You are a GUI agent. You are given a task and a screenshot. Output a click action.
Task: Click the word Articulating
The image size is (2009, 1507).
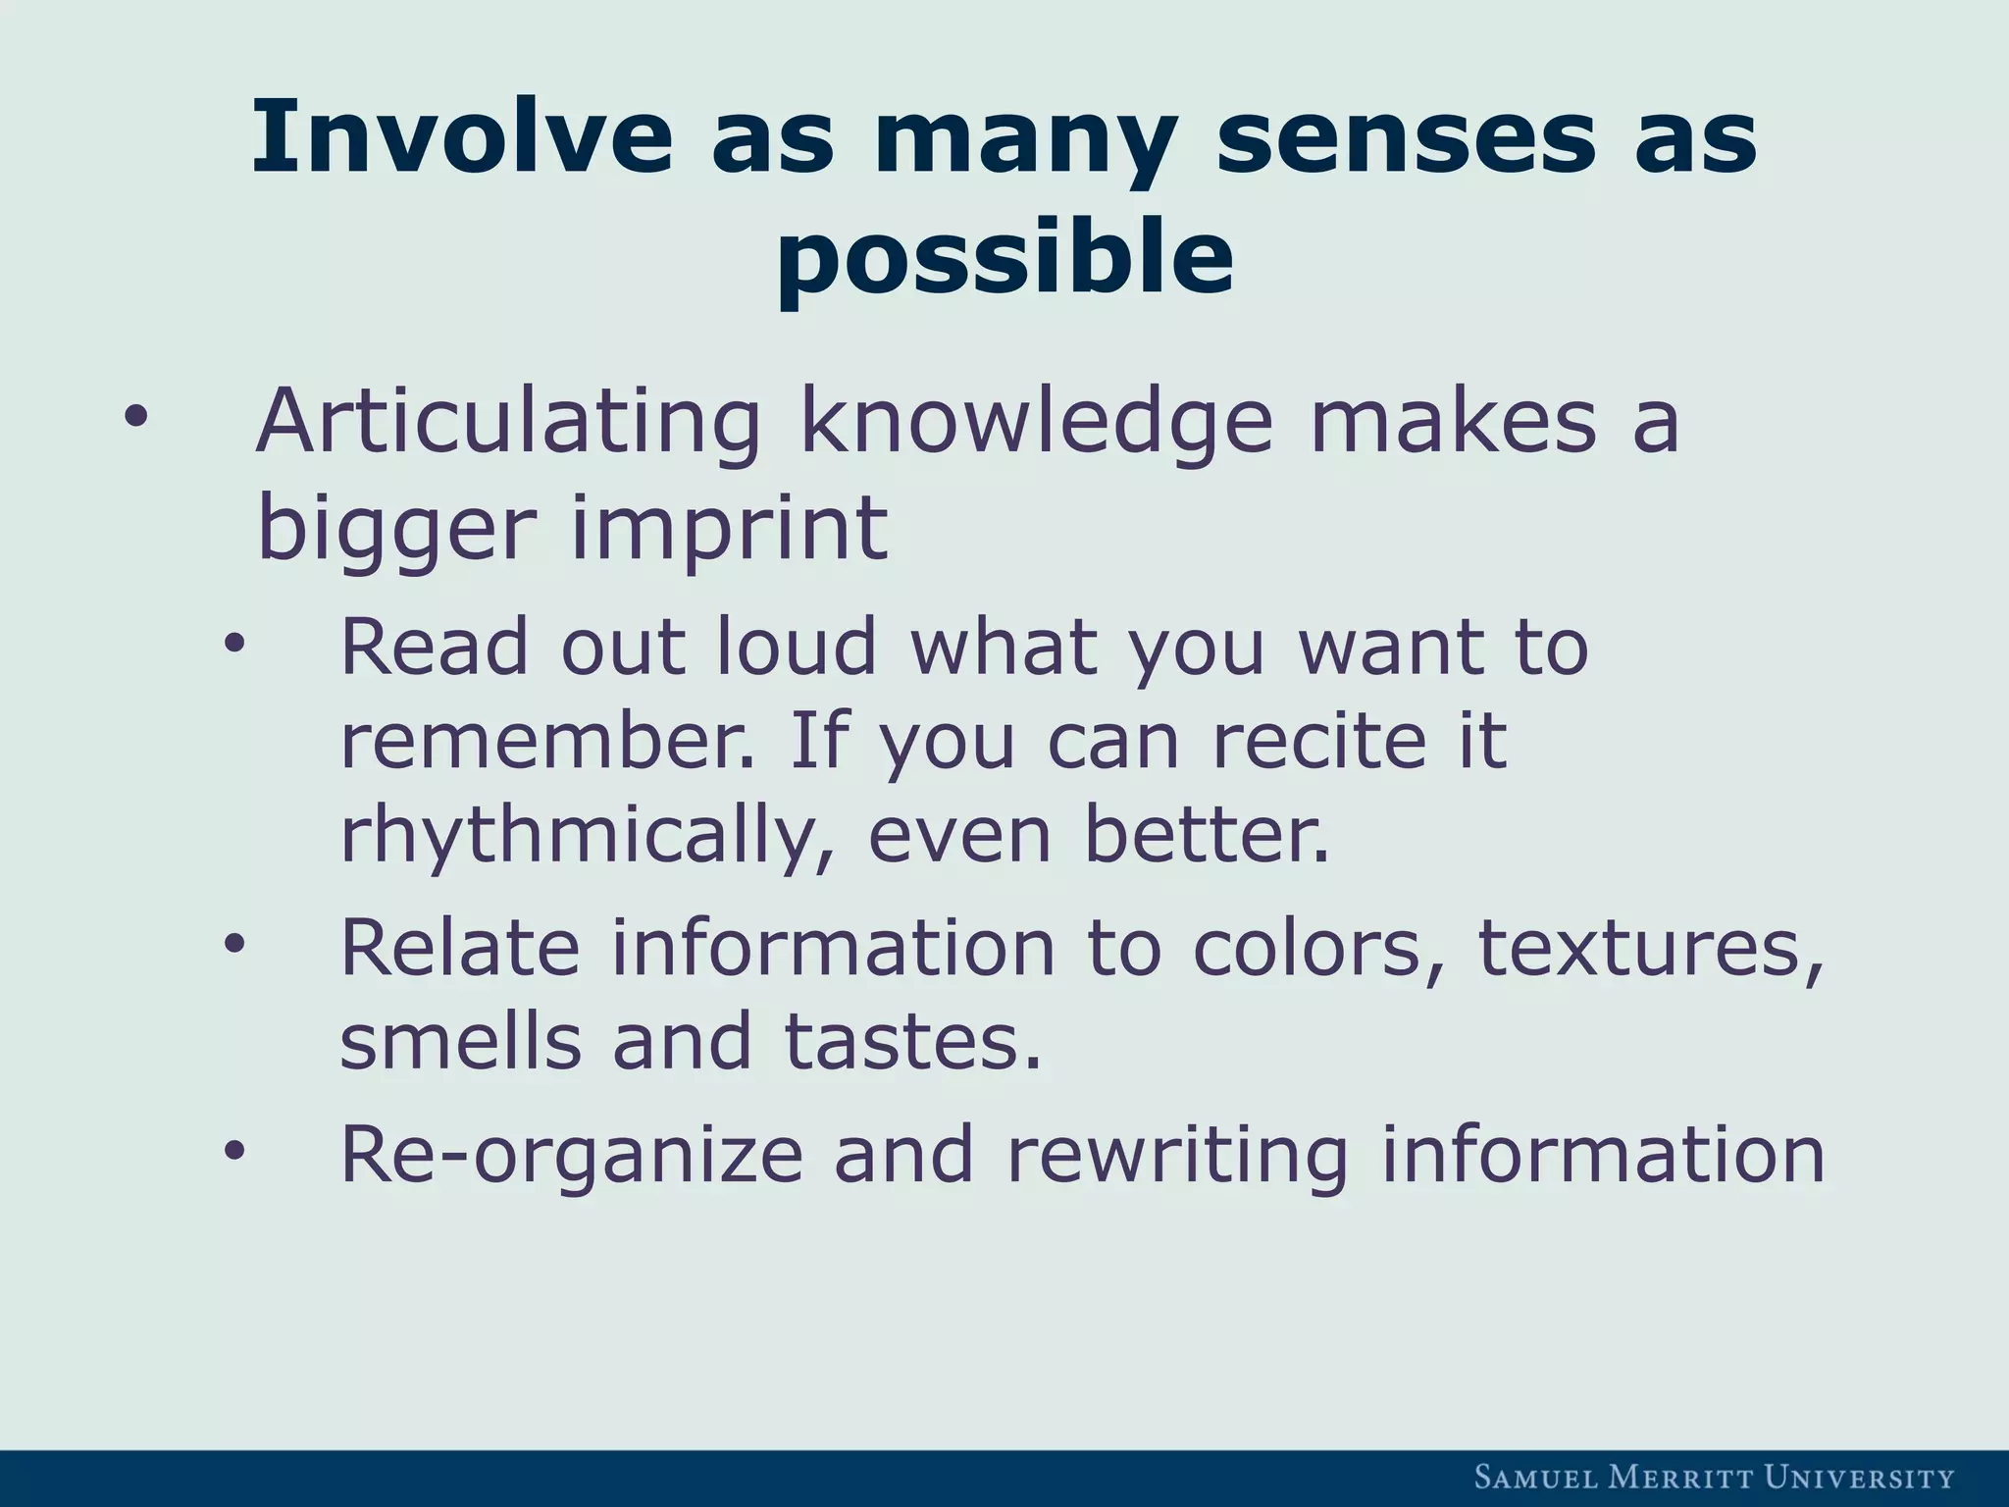(507, 422)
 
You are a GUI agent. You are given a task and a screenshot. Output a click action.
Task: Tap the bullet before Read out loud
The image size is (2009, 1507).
(233, 647)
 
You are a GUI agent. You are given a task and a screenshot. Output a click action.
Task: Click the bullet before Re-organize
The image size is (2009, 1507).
(233, 1152)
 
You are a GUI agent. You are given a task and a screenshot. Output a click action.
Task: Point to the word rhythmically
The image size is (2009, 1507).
(586, 836)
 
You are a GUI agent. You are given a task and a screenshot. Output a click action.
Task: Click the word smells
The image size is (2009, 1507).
(460, 1042)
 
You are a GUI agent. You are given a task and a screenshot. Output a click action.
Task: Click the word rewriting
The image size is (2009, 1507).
(1177, 1154)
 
